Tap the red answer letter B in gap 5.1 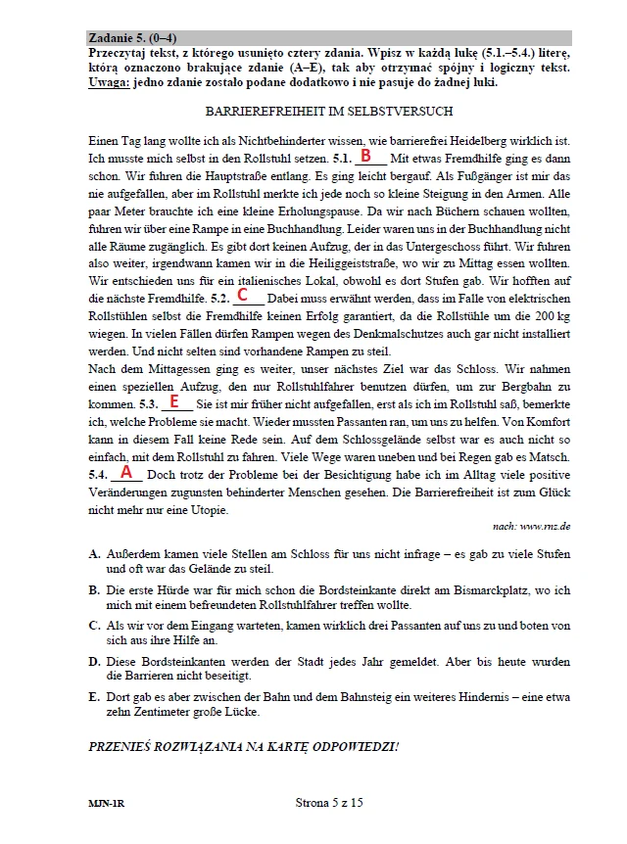click(x=365, y=156)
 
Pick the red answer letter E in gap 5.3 click(x=174, y=401)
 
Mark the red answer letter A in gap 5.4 click(x=125, y=472)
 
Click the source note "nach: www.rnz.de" click(x=531, y=526)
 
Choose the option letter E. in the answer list click(x=94, y=696)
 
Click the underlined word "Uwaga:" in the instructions click(x=109, y=82)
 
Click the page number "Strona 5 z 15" click(x=328, y=802)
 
